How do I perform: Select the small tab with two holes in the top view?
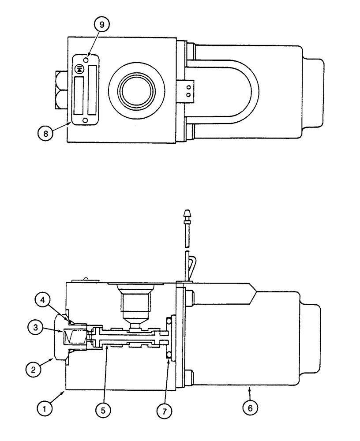coord(187,90)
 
